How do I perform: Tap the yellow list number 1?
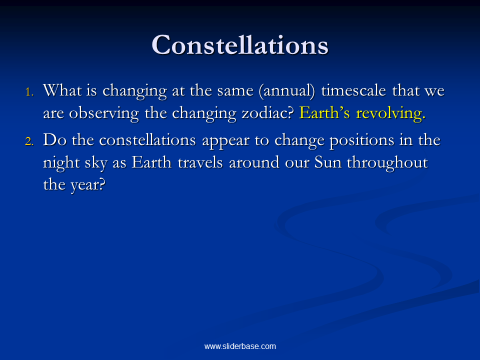click(x=29, y=92)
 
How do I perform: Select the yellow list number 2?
click(x=29, y=141)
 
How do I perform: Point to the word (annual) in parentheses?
click(x=287, y=91)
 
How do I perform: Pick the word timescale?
click(x=353, y=90)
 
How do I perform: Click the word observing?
click(x=104, y=113)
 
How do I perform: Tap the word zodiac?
click(x=268, y=113)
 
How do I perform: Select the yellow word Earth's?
click(x=324, y=112)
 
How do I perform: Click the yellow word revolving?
click(x=390, y=113)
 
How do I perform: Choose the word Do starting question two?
click(x=54, y=140)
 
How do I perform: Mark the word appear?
click(x=225, y=141)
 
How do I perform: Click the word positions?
click(x=362, y=141)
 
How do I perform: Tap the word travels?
click(x=200, y=162)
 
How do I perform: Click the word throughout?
click(x=387, y=163)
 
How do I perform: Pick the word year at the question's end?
click(x=88, y=185)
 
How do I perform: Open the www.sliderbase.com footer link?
click(x=240, y=346)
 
